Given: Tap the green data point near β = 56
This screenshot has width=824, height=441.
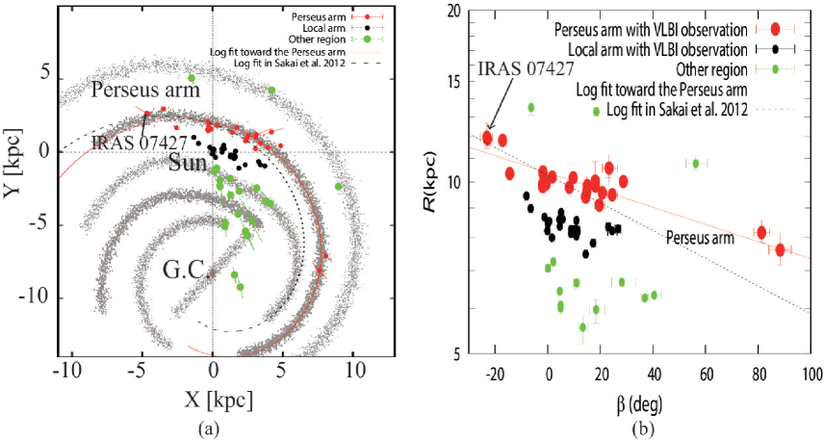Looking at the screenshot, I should click(x=696, y=164).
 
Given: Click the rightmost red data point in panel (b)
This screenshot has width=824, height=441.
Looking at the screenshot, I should click(x=780, y=250).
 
